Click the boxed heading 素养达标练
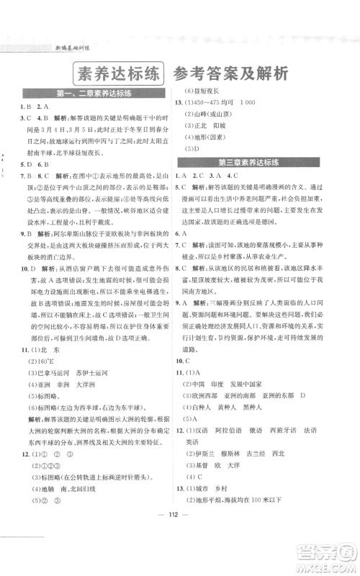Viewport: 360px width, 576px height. click(x=117, y=73)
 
